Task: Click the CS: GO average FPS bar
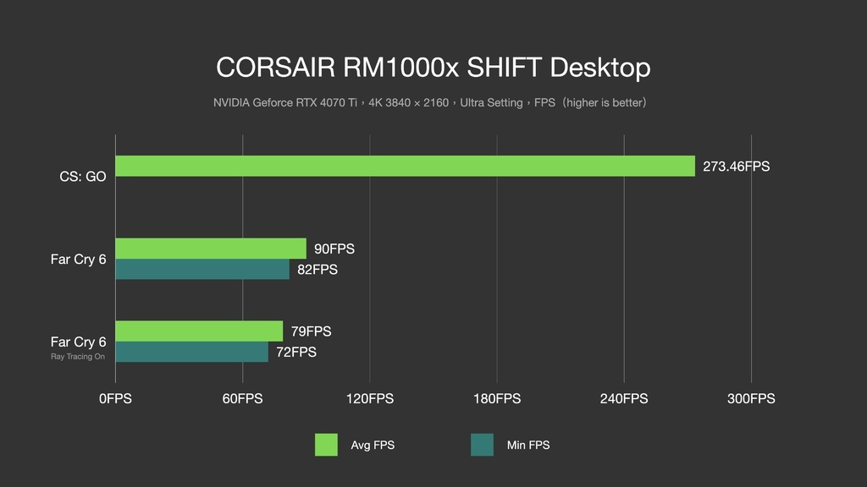(406, 167)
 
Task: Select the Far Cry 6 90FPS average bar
(211, 249)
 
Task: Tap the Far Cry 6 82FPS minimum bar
(202, 270)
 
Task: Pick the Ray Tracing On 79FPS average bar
(199, 331)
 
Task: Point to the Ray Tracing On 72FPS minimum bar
(192, 352)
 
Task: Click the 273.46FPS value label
(736, 167)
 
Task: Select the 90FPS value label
(334, 249)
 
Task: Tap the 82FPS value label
(318, 270)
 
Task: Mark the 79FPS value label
(312, 331)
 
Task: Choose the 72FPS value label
(296, 353)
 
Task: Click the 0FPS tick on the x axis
(115, 399)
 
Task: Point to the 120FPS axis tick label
(370, 399)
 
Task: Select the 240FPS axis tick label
(624, 399)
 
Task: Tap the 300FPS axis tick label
(752, 399)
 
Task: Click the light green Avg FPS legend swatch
(326, 445)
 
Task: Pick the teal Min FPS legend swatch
(482, 445)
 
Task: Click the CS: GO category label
(83, 177)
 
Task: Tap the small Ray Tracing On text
(78, 357)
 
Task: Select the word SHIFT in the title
(504, 68)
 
